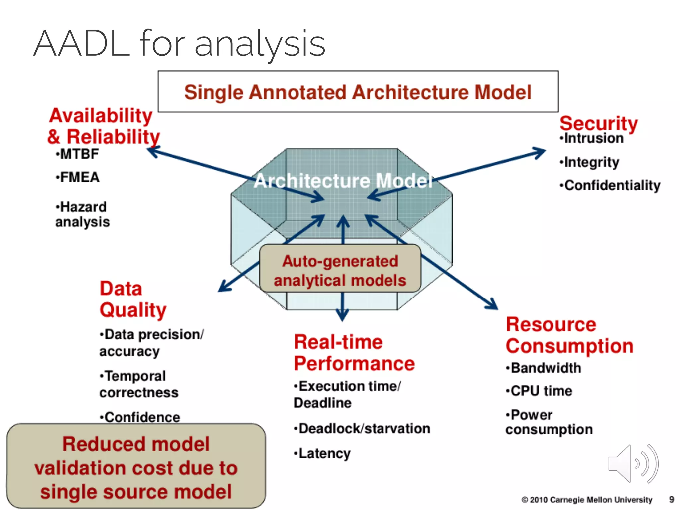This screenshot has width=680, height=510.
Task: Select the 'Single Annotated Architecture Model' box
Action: click(x=358, y=92)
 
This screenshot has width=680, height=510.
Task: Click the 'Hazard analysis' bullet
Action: click(x=82, y=214)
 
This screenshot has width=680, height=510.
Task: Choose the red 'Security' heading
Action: click(x=598, y=124)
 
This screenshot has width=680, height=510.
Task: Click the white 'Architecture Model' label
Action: click(x=343, y=181)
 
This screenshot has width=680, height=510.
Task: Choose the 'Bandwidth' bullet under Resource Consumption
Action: click(x=544, y=368)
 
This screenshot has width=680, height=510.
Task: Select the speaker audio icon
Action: click(x=633, y=464)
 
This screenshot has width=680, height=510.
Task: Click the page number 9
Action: click(x=672, y=500)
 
